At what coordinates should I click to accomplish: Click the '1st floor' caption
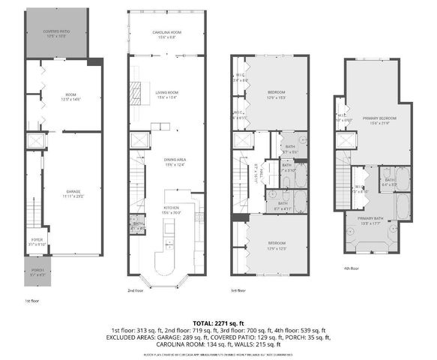[x=31, y=301]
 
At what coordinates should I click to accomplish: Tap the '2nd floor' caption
[x=135, y=289]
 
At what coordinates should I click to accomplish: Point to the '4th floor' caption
[x=351, y=267]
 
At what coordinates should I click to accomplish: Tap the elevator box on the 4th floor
[x=346, y=140]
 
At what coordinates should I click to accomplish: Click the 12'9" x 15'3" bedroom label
[x=277, y=94]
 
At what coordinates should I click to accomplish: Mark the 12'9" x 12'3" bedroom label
[x=276, y=245]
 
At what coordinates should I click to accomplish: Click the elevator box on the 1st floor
[x=34, y=140]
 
